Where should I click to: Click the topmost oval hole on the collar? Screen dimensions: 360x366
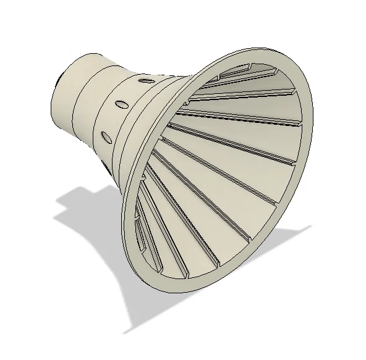coord(145,80)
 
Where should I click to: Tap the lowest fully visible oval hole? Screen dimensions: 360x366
coord(106,136)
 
